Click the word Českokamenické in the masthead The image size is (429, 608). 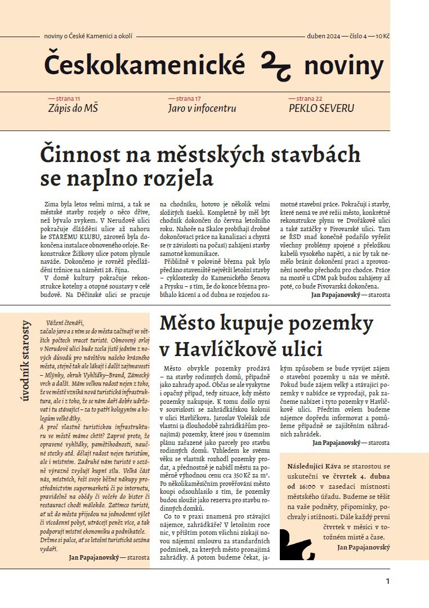click(145, 65)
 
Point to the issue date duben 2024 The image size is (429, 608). click(323, 36)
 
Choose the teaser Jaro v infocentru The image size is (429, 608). click(202, 108)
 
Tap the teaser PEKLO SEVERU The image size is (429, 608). click(321, 108)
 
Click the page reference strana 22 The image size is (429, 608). click(314, 98)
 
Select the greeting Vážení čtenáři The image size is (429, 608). click(65, 322)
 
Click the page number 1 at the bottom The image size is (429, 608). click(387, 581)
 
